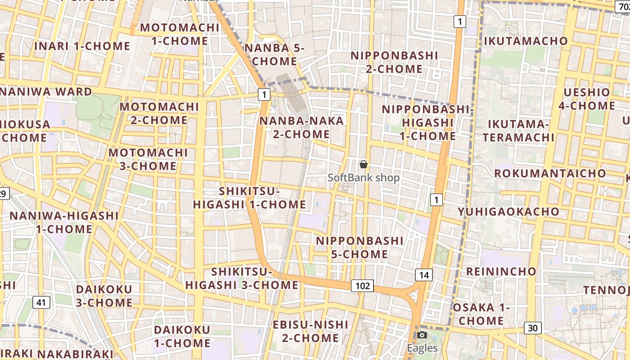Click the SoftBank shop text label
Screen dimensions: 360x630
364,178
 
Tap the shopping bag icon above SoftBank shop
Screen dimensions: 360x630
364,165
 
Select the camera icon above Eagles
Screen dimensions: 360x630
422,335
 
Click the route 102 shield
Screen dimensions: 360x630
362,286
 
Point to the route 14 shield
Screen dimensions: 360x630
423,275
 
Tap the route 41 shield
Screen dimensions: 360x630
41,302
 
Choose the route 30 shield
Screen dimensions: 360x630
532,328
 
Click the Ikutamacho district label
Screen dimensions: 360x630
526,41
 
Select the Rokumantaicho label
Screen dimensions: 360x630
550,173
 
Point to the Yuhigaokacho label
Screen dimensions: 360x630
508,211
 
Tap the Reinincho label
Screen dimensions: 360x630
501,271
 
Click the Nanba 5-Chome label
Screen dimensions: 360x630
274,54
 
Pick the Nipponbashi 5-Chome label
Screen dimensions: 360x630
360,247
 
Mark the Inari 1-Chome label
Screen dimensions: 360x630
82,46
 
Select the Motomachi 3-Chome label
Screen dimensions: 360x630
148,159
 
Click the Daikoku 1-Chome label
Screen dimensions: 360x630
182,336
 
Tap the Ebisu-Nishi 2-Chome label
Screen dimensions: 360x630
310,331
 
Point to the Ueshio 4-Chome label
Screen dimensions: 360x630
587,99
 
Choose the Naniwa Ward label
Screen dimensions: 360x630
46,92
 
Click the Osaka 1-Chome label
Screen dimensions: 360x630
481,314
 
